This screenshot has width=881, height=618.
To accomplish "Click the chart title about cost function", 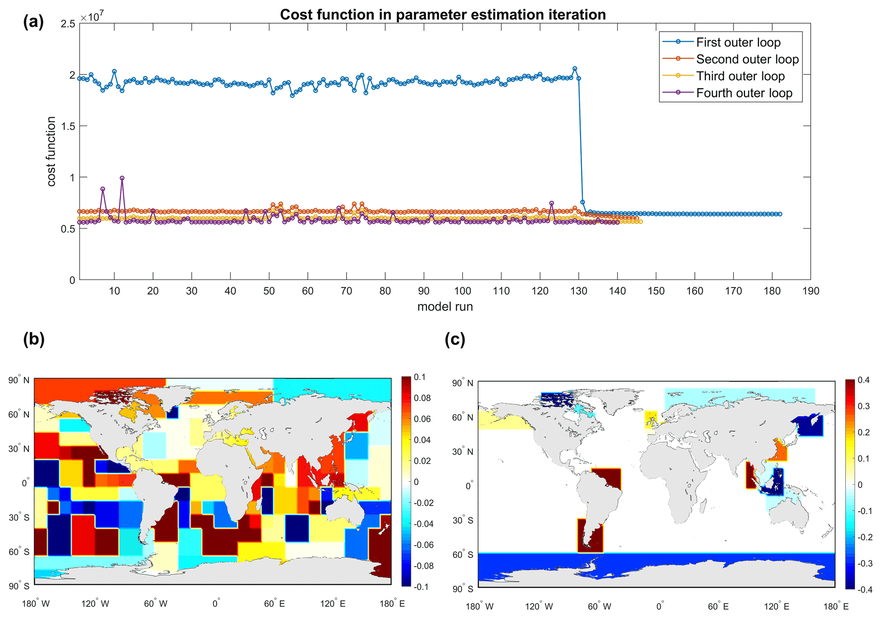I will pyautogui.click(x=442, y=15).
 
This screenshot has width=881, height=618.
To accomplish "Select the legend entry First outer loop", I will pyautogui.click(x=738, y=42).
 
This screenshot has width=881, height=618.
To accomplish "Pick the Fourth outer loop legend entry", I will pyautogui.click(x=744, y=93).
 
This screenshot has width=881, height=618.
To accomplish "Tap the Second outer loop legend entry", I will pyautogui.click(x=747, y=59).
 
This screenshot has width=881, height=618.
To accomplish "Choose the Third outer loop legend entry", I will pyautogui.click(x=740, y=76).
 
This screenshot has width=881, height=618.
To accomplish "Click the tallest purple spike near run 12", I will pyautogui.click(x=122, y=178).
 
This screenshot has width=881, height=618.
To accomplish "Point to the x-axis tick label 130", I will pyautogui.click(x=578, y=291).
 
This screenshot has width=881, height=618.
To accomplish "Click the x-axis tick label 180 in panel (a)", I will pyautogui.click(x=772, y=291).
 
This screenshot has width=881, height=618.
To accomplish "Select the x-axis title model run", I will pyautogui.click(x=445, y=307).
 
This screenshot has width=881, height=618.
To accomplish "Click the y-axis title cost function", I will pyautogui.click(x=51, y=151).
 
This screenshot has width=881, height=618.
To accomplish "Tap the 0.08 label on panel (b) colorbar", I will pyautogui.click(x=422, y=398).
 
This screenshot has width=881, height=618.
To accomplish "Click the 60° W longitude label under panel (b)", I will pyautogui.click(x=155, y=603).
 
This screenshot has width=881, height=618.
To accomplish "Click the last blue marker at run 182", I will pyautogui.click(x=780, y=214).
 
